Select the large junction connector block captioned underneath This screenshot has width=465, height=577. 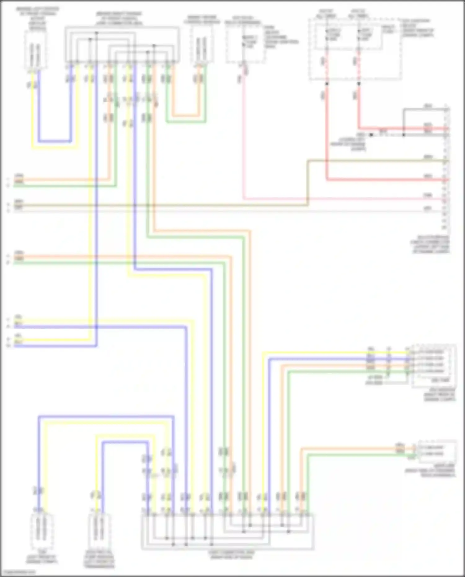pyautogui.click(x=228, y=531)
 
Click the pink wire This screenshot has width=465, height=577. pyautogui.click(x=341, y=198)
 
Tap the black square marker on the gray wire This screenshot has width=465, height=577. pyautogui.click(x=371, y=135)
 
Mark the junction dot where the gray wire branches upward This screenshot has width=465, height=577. pyautogui.click(x=404, y=135)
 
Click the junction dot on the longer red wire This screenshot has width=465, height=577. pyautogui.click(x=326, y=84)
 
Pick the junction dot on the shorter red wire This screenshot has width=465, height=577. pyautogui.click(x=359, y=84)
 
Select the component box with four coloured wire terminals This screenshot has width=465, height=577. pyautogui.click(x=434, y=366)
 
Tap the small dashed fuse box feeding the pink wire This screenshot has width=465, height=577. pyautogui.click(x=246, y=43)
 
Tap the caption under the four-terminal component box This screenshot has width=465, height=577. pyautogui.click(x=440, y=395)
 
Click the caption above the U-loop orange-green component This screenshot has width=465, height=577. pyautogui.click(x=202, y=19)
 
